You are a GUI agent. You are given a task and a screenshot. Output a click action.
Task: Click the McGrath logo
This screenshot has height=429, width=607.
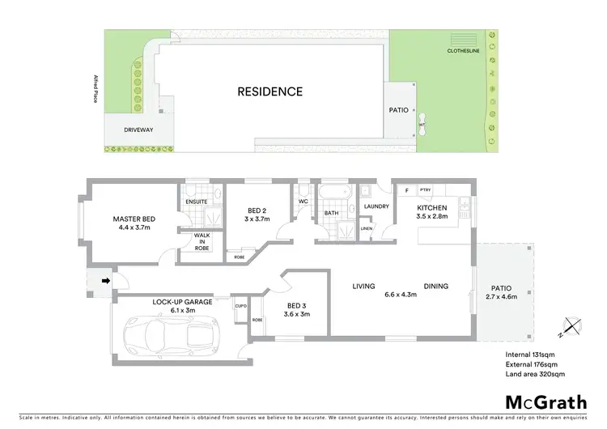545,401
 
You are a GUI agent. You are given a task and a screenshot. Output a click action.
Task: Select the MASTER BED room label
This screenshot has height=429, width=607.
134,219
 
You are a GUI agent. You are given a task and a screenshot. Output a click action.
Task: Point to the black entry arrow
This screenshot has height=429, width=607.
104,282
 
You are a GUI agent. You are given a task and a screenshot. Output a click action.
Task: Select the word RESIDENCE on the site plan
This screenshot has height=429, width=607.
270,91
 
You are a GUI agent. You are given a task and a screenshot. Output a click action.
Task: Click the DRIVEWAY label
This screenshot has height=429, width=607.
139,130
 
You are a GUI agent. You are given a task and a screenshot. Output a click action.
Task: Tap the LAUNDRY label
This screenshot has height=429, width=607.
377,206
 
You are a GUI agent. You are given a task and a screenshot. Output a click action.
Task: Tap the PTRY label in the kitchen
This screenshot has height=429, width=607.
425,189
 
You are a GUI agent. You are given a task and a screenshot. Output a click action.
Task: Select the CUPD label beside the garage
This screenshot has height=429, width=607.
240,306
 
